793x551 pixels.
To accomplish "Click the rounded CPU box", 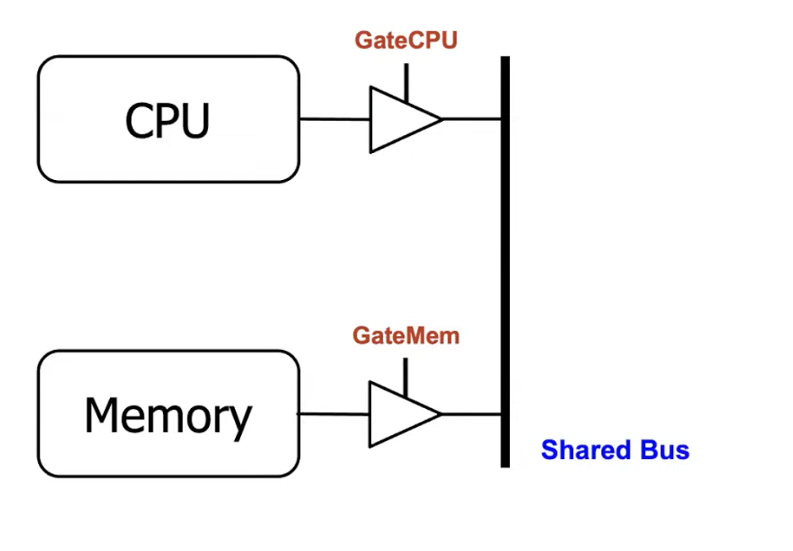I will pos(168,119).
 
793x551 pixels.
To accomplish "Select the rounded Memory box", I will pos(168,414).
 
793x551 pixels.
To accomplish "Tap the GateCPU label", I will pos(406,40).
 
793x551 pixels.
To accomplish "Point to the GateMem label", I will pos(406,336).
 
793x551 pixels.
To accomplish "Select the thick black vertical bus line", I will pos(505,262).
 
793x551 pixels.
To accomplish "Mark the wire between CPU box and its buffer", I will pos(335,119).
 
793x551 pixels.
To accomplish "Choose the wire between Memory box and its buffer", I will pos(335,414).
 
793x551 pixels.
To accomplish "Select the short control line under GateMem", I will pos(406,377).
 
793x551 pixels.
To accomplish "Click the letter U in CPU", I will pos(194,121).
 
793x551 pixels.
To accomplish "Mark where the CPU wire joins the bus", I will pos(504,119).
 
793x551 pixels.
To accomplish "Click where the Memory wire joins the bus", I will pos(504,414).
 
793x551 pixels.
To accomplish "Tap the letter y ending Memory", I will pos(240,420).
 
